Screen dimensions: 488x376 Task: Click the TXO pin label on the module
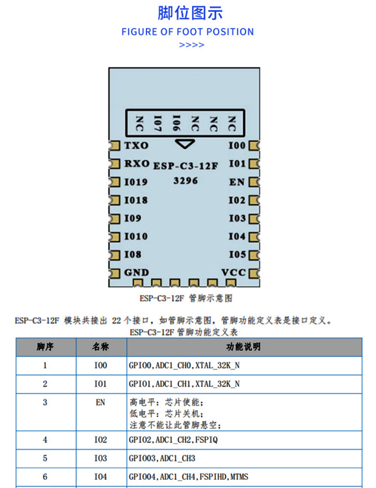tap(136, 145)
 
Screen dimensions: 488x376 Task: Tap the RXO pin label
tap(137, 164)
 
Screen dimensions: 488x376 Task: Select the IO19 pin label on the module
tap(136, 182)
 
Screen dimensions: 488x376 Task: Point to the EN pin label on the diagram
tap(237, 182)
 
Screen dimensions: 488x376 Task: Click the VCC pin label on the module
tap(234, 272)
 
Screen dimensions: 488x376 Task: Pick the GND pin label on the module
tap(136, 272)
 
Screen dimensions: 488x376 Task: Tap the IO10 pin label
tap(136, 236)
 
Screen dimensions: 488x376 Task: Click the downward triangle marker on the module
tap(185, 143)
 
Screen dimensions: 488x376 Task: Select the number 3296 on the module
tap(186, 181)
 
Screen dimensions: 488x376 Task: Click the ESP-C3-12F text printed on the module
tap(186, 166)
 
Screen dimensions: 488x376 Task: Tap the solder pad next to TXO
tap(114, 145)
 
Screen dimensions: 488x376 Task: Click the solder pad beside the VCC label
tap(255, 273)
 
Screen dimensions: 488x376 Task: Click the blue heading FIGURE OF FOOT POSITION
tap(188, 32)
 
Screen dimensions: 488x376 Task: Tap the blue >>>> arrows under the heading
tap(192, 45)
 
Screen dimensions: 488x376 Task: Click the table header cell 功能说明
tap(243, 347)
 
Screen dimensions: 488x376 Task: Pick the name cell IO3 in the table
tap(101, 458)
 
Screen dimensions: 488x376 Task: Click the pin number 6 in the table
tap(45, 476)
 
